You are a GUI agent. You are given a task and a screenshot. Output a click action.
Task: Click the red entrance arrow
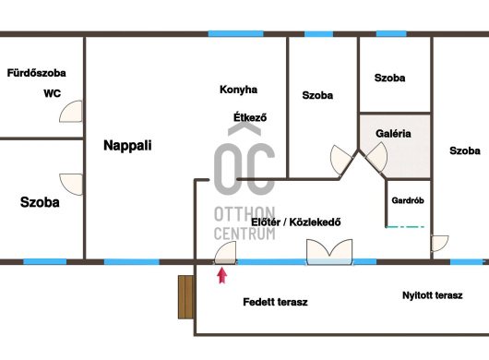tap(221, 275)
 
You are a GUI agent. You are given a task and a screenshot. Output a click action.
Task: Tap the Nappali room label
tap(127, 145)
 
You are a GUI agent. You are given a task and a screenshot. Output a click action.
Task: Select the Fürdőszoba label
tap(37, 73)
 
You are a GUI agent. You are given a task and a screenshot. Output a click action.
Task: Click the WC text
tap(52, 93)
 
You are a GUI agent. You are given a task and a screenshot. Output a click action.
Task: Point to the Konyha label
tap(239, 90)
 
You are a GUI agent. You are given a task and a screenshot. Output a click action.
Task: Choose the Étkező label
tap(250, 117)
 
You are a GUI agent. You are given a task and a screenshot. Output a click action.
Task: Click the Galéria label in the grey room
tap(393, 134)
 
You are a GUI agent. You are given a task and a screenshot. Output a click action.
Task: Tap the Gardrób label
tap(408, 200)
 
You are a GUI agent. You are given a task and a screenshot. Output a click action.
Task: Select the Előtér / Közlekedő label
tap(296, 222)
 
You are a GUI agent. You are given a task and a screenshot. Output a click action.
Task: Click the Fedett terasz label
tap(275, 302)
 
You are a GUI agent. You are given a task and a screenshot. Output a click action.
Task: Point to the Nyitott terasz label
tap(433, 295)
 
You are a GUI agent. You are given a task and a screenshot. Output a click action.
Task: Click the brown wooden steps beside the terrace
tap(185, 297)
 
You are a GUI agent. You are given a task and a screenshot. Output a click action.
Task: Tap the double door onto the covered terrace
tap(329, 252)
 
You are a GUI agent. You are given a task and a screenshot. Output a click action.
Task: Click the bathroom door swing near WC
tap(71, 112)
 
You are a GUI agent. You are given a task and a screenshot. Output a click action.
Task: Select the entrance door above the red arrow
tap(225, 253)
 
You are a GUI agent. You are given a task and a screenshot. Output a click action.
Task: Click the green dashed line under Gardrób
tap(405, 227)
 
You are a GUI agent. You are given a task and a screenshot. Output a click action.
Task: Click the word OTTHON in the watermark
tap(244, 214)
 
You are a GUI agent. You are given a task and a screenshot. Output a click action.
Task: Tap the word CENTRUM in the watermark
tap(244, 234)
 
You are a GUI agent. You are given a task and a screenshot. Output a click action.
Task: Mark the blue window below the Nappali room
tap(132, 261)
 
